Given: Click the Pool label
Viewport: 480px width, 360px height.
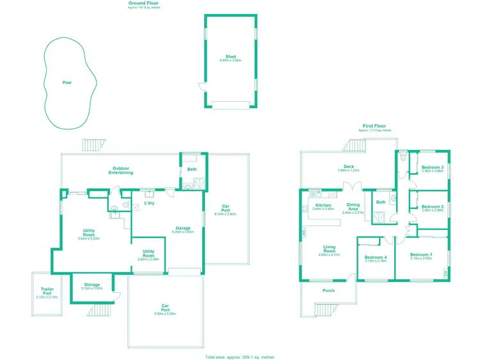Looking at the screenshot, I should pyautogui.click(x=67, y=83).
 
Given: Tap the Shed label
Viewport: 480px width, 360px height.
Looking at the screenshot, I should pyautogui.click(x=230, y=56).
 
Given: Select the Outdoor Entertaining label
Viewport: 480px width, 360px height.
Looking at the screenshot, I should pyautogui.click(x=121, y=170).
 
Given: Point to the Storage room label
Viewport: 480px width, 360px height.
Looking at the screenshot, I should pyautogui.click(x=92, y=285).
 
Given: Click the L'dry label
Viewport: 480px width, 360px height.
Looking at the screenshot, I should pyautogui.click(x=149, y=203).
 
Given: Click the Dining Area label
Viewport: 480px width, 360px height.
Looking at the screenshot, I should pyautogui.click(x=353, y=207).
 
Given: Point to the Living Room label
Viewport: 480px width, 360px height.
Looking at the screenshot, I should pyautogui.click(x=329, y=249).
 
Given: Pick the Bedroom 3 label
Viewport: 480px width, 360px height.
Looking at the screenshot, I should pyautogui.click(x=433, y=168).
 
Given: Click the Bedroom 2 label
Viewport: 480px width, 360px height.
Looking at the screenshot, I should pyautogui.click(x=433, y=206).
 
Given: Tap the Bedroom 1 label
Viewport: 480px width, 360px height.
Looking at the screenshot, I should pyautogui.click(x=421, y=255).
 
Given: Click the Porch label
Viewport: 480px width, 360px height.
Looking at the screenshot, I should pyautogui.click(x=328, y=290).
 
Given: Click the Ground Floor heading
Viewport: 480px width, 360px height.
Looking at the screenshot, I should pyautogui.click(x=144, y=3).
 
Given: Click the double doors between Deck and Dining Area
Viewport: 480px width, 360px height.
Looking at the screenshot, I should pyautogui.click(x=352, y=186).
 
